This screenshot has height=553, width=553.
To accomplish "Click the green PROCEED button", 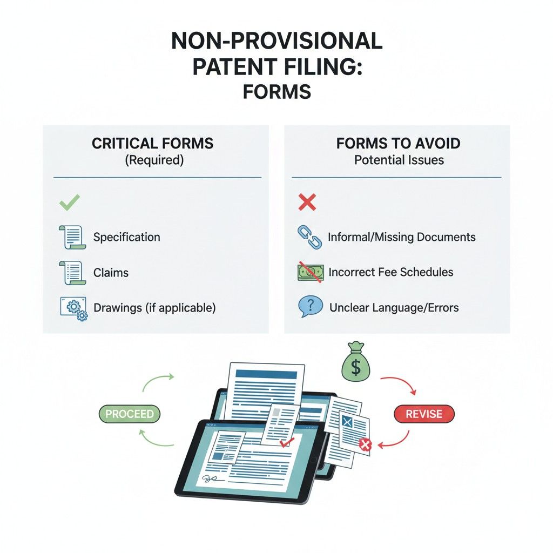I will point(130,414).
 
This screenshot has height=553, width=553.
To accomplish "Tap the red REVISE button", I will point(424,414).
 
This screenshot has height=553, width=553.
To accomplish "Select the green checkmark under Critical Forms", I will point(69,203).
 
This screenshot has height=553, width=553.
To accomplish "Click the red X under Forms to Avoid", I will point(307,203).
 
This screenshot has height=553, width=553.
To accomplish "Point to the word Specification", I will point(126,237).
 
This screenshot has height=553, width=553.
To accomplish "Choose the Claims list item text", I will point(111,273).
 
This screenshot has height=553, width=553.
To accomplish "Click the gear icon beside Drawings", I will point(72,308).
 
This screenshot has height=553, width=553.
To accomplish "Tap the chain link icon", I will point(309,237).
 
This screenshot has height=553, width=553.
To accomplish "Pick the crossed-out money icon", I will point(309,272).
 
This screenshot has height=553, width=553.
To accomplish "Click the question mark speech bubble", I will point(309,308).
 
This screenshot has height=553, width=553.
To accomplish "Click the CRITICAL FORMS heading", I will point(152,143).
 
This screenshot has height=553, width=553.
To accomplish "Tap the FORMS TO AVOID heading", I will point(398,143).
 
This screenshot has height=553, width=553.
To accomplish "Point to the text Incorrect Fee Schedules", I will point(390,272).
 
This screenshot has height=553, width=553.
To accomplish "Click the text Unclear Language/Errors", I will point(394,308).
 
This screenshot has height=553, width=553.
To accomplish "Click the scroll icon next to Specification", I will point(72,237).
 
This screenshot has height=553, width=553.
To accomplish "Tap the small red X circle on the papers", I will point(366,444).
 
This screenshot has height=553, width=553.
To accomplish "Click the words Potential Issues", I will point(399,160).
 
